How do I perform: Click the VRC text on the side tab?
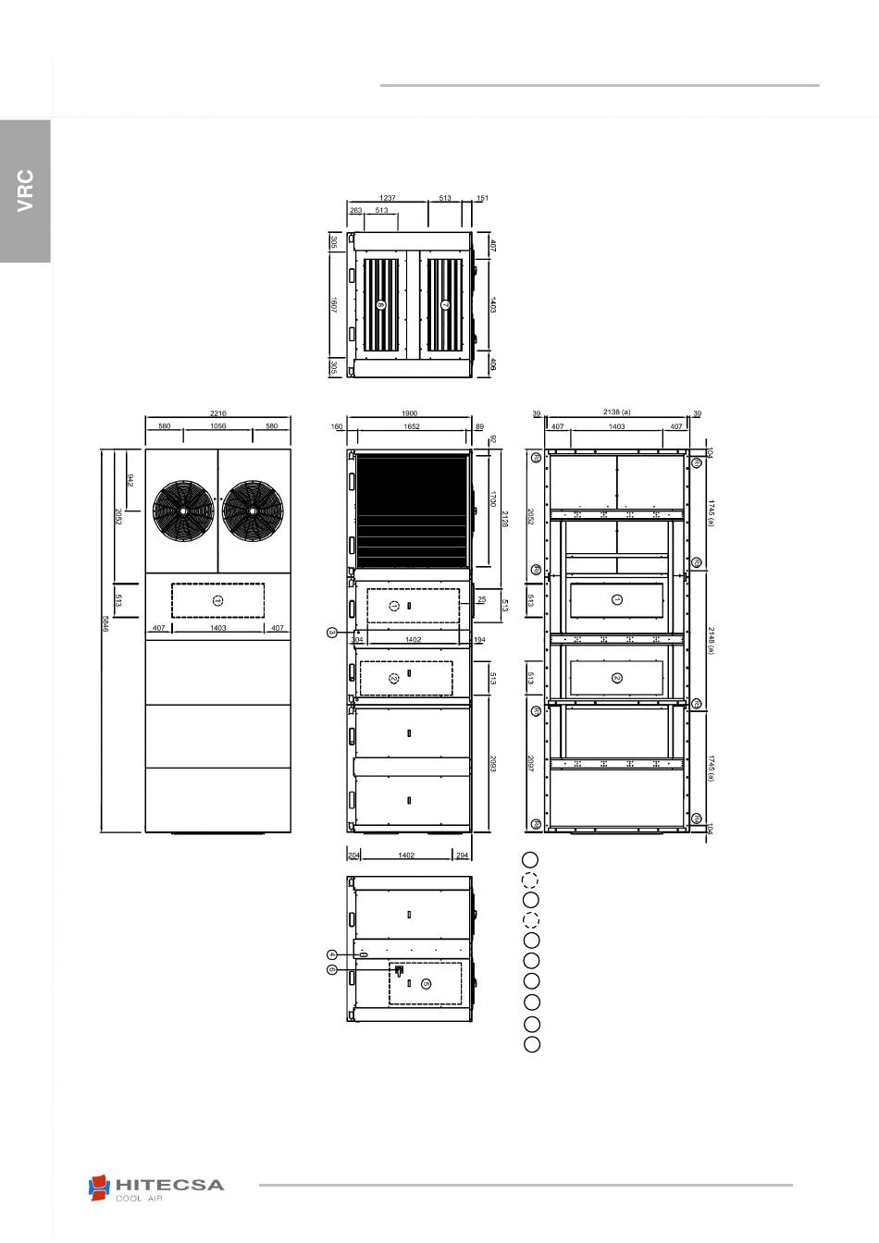[x=25, y=191]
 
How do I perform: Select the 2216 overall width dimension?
[x=218, y=413]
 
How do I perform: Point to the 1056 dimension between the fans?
[x=217, y=426]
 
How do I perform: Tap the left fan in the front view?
[x=183, y=511]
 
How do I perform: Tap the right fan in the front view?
[x=253, y=511]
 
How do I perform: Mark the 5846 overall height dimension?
[x=105, y=624]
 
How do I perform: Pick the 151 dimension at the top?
[x=482, y=198]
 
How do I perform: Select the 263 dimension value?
[x=355, y=211]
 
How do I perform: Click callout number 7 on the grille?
[x=444, y=304]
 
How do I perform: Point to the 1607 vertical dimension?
[x=334, y=305]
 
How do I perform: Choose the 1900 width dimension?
[x=409, y=413]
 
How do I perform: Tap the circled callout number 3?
[x=332, y=633]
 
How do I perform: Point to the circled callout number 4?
[x=332, y=954]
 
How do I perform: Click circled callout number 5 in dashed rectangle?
[x=426, y=984]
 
